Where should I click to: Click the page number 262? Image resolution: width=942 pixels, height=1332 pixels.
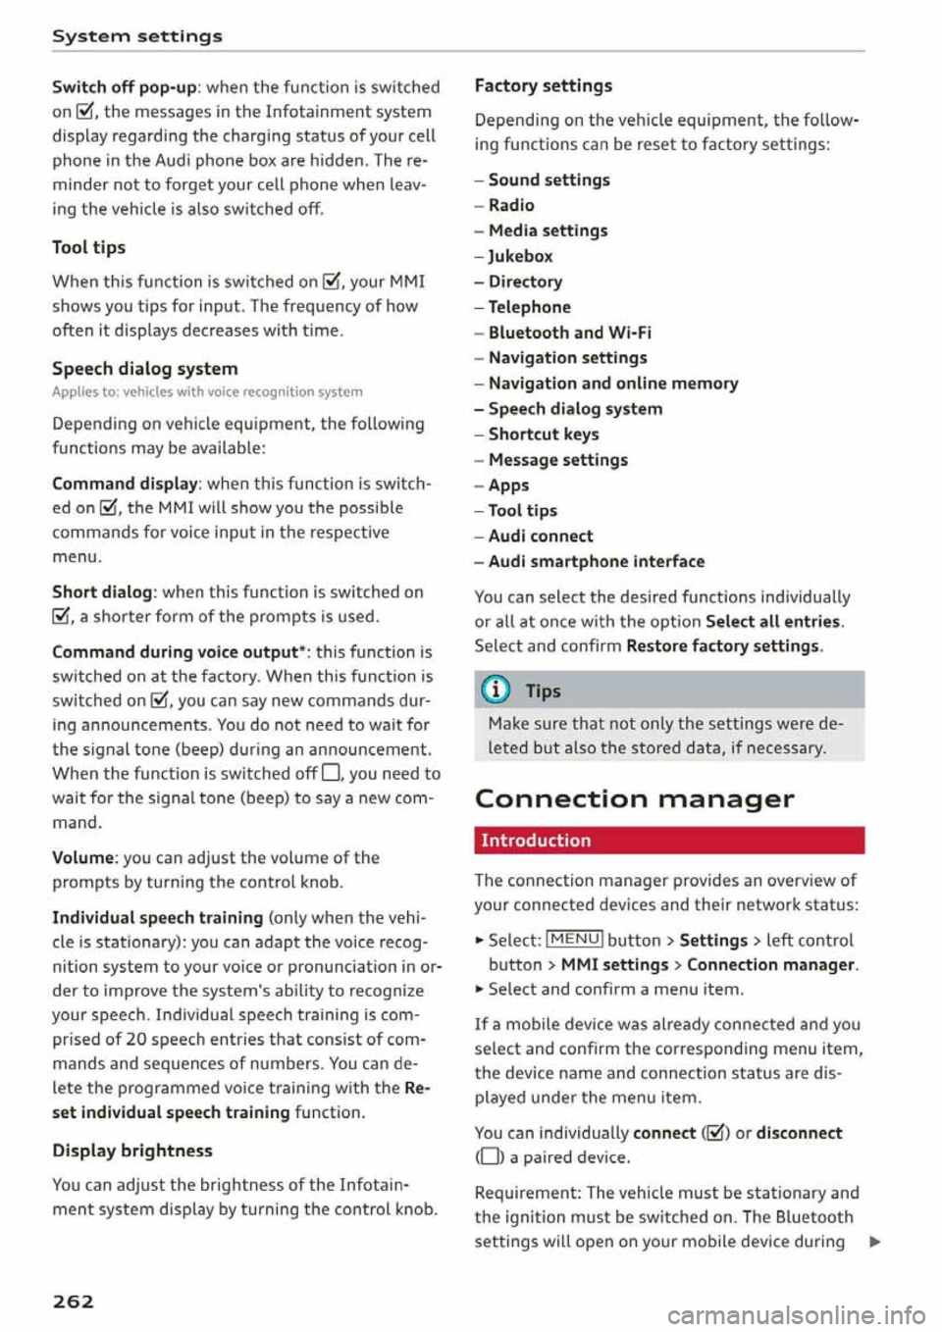tap(73, 1301)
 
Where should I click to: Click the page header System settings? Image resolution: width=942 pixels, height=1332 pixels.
tap(137, 36)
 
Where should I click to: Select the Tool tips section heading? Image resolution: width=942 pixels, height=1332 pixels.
tap(88, 247)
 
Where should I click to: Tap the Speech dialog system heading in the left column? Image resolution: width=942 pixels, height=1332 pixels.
tap(144, 369)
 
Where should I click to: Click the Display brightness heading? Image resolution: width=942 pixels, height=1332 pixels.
tap(131, 1151)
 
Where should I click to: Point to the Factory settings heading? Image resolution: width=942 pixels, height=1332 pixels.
tap(543, 85)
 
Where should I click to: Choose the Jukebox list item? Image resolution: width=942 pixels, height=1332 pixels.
tap(520, 256)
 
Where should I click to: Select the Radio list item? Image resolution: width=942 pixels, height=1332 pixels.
tap(511, 205)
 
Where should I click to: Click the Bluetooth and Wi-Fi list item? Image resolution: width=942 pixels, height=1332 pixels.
tap(569, 333)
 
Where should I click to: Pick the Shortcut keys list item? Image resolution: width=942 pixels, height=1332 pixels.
tap(544, 435)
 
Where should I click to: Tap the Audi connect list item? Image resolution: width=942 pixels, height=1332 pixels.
tap(541, 537)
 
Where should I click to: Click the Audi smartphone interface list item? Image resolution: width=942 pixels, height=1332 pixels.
tap(596, 562)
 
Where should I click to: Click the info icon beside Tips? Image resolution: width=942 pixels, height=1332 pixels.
tap(497, 691)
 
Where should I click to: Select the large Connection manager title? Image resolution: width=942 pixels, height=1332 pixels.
tap(634, 799)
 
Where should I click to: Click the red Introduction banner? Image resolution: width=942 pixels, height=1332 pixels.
tap(668, 841)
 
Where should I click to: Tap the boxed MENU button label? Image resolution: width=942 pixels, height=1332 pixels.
tap(574, 940)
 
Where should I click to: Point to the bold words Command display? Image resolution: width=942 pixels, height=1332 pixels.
tap(125, 484)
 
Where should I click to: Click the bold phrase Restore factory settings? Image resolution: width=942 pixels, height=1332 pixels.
tap(722, 646)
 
